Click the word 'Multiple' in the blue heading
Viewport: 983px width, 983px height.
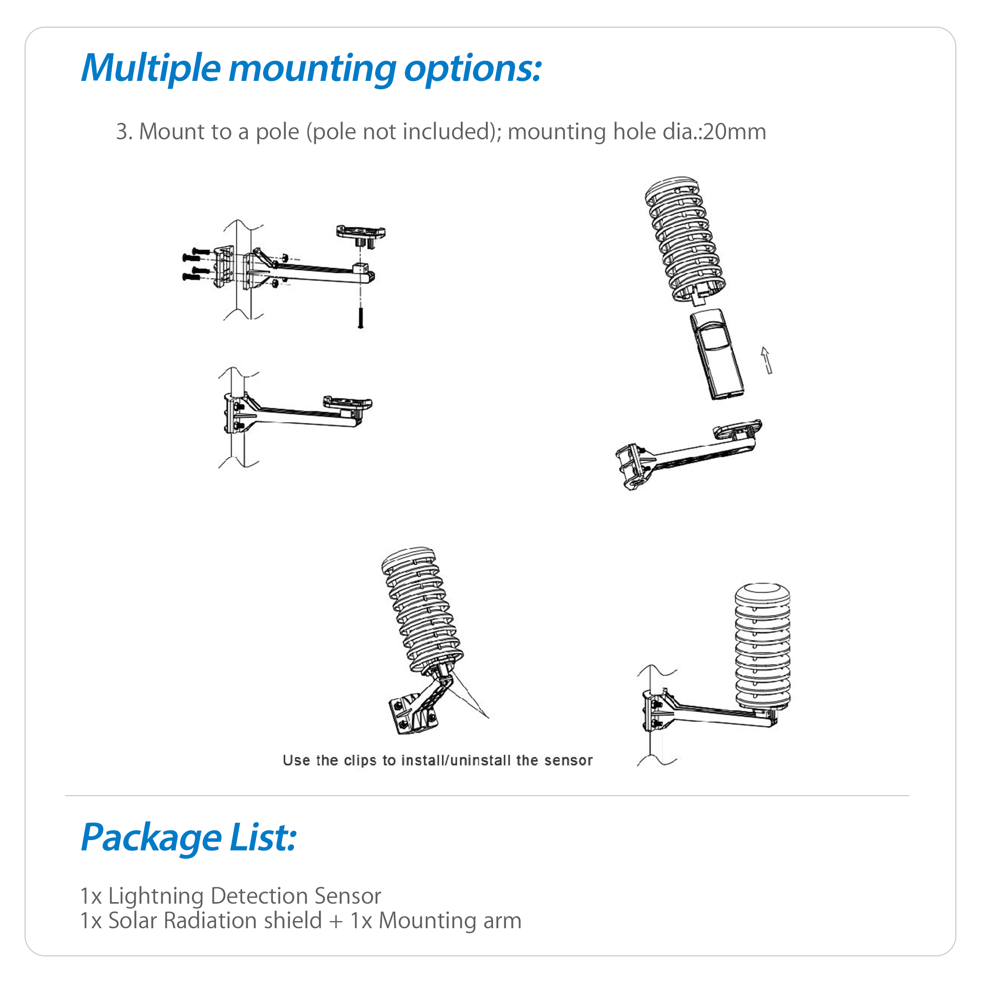[x=151, y=68]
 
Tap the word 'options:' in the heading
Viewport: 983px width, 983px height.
[x=472, y=68]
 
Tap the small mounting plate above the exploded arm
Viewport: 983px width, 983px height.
[x=360, y=232]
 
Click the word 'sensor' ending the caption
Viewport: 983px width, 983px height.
[x=568, y=760]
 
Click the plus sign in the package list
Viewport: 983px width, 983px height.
[x=336, y=921]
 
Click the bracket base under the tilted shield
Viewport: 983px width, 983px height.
[x=412, y=714]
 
